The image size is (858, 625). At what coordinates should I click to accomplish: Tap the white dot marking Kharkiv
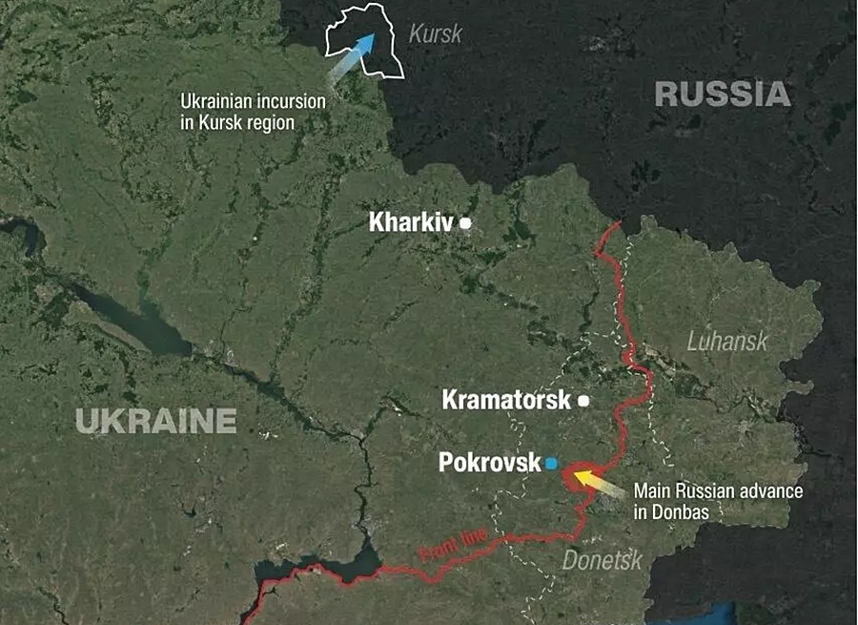point(466,223)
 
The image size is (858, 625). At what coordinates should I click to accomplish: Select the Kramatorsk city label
point(506,400)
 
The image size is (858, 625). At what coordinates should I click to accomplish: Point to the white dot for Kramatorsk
point(583,401)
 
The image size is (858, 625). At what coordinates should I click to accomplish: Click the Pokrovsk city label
point(489,463)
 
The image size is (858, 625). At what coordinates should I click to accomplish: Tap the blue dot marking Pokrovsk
point(551,464)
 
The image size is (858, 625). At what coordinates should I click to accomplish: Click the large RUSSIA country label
point(723,94)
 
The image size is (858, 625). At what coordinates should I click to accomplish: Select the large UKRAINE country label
point(155,420)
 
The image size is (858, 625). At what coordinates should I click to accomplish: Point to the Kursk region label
point(435,34)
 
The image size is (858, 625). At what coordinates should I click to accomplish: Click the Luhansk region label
point(727,341)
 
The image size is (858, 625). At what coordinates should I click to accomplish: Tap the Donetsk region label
point(602,560)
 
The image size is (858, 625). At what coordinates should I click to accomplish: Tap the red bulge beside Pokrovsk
point(575,476)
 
